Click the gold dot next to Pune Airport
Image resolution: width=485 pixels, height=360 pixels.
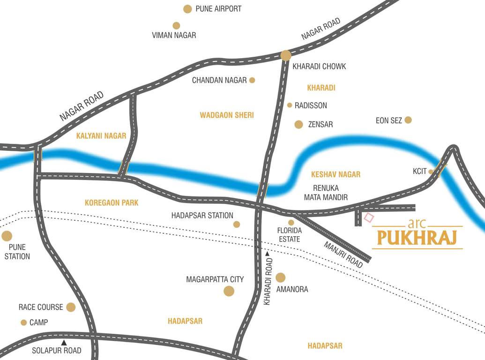pos(187,9)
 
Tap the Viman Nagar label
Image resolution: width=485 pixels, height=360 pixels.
pos(174,35)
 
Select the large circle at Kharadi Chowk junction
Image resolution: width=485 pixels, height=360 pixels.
pos(286,55)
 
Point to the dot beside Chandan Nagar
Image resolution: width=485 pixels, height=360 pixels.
pos(252,80)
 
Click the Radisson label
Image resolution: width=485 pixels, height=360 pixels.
pos(311,105)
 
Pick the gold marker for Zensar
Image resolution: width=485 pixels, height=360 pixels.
pos(298,124)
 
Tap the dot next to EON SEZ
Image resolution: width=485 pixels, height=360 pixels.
pos(408,120)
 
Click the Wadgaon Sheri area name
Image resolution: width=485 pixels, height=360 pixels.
pos(227,115)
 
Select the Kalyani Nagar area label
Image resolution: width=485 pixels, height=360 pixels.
pos(101,136)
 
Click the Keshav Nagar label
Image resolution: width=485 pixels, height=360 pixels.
pos(336,174)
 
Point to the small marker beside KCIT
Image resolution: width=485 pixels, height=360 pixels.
pos(431,172)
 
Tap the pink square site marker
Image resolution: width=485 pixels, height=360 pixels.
pos(369,217)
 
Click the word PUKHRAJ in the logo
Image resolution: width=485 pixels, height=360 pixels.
pos(417,238)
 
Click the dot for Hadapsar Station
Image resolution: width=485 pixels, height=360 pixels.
pos(237,225)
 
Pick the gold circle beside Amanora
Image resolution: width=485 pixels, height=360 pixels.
pos(280,277)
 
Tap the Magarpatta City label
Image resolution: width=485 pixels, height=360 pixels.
pos(215,279)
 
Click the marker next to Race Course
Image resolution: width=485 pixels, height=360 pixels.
pos(71,307)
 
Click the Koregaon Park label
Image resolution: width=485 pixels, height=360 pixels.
pos(112,203)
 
